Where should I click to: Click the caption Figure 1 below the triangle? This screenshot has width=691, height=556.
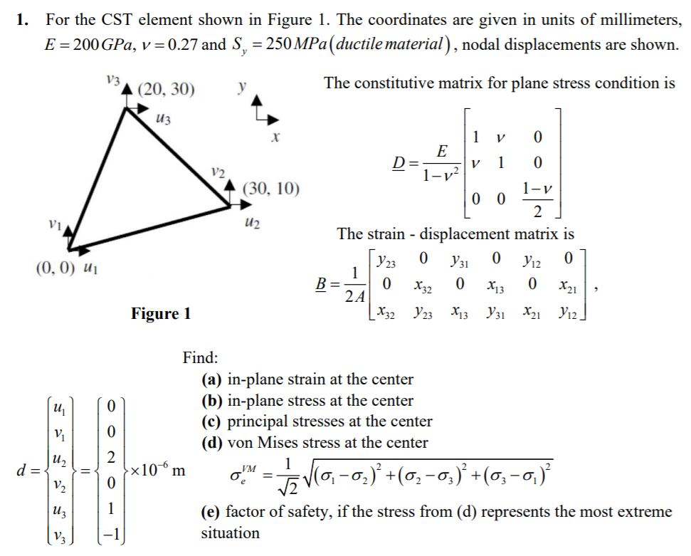pos(161,313)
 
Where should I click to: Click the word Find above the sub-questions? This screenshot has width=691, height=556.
pos(200,357)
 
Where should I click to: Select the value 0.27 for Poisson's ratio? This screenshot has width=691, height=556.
pos(178,44)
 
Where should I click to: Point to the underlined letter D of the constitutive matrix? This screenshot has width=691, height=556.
pos(403,163)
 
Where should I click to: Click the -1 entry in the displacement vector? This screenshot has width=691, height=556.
pos(107,535)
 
